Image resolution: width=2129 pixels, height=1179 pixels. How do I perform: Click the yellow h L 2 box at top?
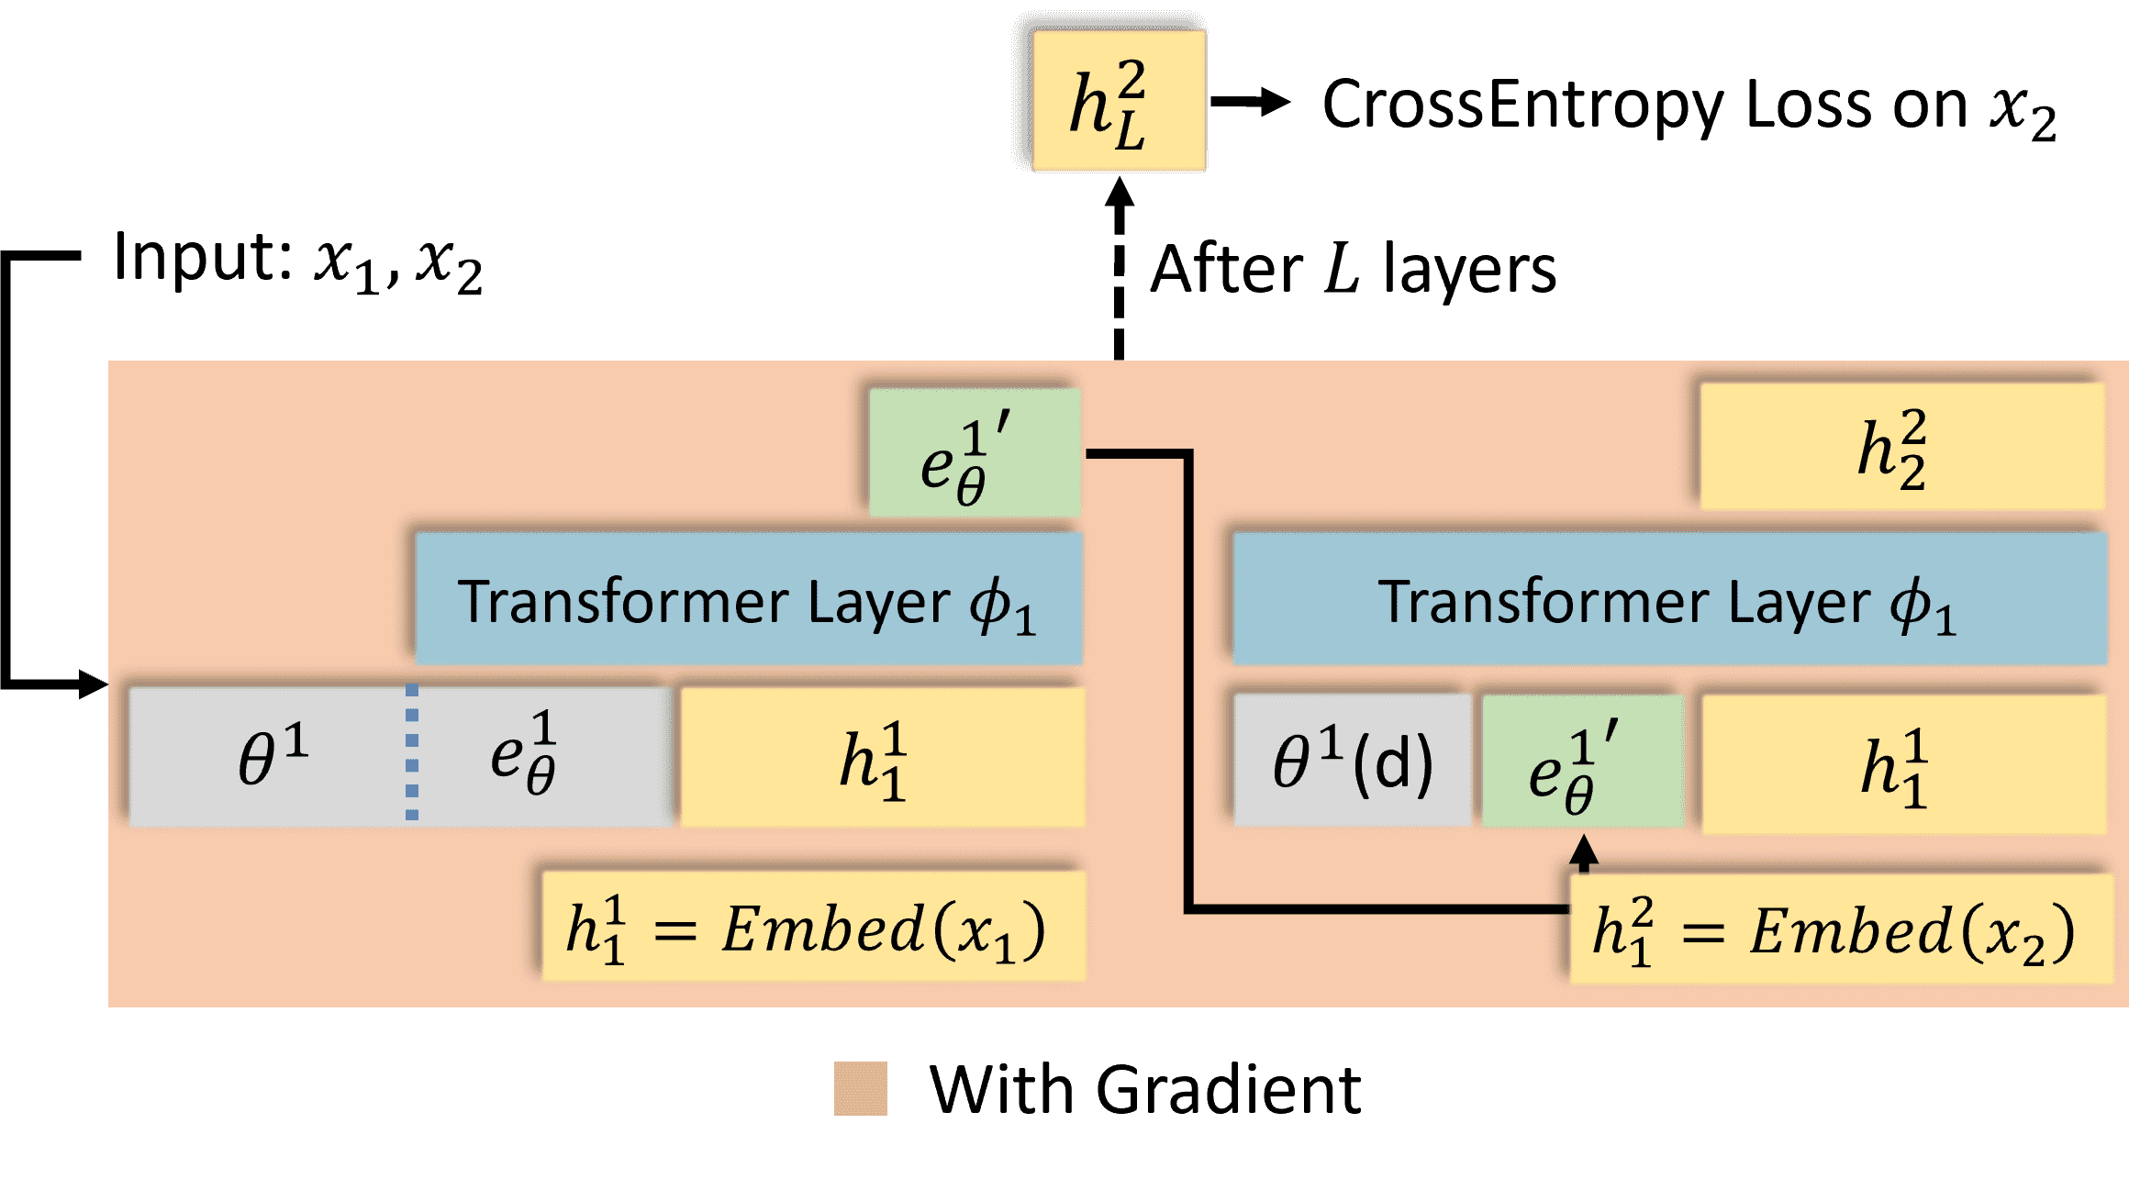click(1118, 101)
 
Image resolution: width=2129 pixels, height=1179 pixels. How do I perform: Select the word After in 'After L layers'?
click(1225, 270)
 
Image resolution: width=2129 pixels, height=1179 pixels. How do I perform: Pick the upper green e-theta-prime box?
click(974, 451)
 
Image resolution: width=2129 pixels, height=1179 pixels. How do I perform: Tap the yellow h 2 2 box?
click(1900, 446)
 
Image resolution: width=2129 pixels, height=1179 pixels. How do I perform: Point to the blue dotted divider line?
click(412, 752)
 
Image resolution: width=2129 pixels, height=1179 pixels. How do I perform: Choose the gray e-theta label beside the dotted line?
click(523, 754)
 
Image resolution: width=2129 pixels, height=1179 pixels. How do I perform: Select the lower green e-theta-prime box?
click(1581, 762)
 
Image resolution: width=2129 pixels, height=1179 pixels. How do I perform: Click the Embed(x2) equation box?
click(1840, 929)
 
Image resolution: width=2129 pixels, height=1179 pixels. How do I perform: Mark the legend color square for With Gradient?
click(860, 1089)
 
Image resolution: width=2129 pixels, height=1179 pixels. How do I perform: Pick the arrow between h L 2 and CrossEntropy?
click(1250, 102)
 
